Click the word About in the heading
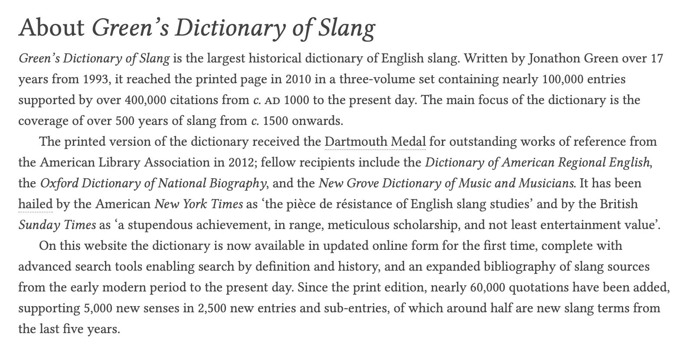[x=52, y=28]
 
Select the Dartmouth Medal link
[x=375, y=142]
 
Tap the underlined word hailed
[x=36, y=204]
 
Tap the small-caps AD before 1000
[x=272, y=101]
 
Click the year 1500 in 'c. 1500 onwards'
[x=275, y=121]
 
